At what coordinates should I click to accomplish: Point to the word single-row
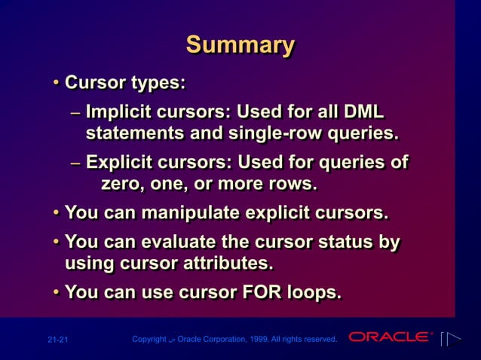pos(290,134)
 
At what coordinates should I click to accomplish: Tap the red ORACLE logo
pos(391,337)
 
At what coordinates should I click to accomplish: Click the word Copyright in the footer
pos(149,340)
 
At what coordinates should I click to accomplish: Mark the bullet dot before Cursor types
pos(57,81)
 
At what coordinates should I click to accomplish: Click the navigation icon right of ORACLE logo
pos(451,339)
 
